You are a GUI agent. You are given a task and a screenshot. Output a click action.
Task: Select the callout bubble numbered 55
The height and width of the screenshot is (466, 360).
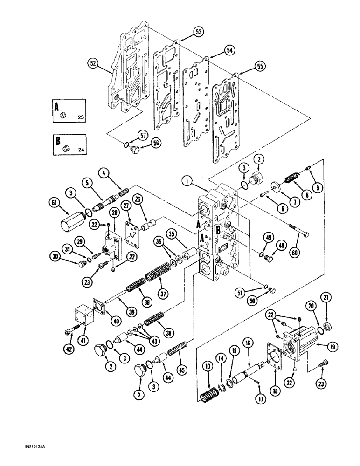[260, 67]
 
